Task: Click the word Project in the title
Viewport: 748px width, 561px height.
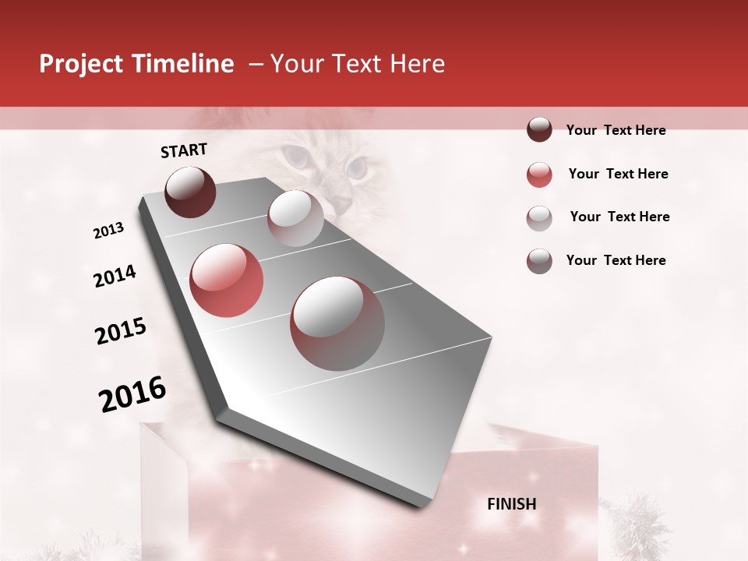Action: point(81,65)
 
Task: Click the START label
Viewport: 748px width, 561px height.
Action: point(184,150)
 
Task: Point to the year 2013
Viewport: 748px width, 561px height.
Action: point(108,231)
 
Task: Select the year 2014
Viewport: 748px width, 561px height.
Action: point(115,276)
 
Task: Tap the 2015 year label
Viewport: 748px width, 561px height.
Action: point(121,331)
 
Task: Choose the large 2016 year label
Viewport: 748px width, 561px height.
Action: point(132,393)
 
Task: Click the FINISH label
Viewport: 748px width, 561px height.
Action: point(512,504)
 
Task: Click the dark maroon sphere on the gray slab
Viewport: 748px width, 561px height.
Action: point(190,192)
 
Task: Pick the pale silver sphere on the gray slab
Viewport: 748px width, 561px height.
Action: point(295,218)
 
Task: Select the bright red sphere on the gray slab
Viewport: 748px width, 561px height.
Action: point(227,280)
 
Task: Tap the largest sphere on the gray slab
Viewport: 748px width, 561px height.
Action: point(337,323)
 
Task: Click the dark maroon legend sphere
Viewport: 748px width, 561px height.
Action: point(539,130)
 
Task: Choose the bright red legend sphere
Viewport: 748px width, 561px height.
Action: point(539,175)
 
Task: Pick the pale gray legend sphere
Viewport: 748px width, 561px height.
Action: point(539,217)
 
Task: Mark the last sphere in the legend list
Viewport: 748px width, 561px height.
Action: point(539,261)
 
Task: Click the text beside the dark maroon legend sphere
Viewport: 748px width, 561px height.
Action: point(616,130)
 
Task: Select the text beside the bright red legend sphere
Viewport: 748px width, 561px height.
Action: point(618,174)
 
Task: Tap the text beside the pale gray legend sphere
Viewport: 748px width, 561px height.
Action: point(619,217)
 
